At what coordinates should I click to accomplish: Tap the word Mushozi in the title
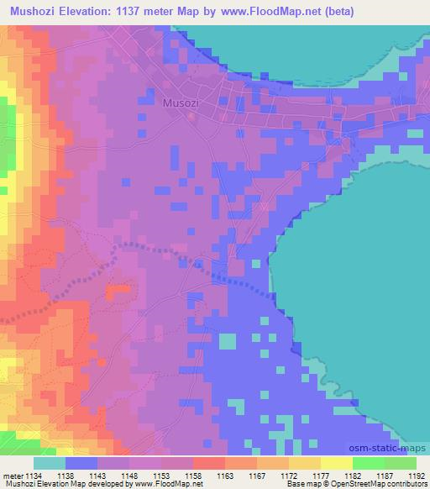[34, 12]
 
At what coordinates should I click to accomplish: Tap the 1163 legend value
[225, 476]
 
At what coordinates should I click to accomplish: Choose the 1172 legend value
[288, 476]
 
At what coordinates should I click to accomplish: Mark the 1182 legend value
[352, 476]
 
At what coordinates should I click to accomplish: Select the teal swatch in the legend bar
[50, 463]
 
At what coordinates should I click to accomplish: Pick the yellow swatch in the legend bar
[336, 463]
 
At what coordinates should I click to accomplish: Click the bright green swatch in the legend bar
[368, 463]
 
